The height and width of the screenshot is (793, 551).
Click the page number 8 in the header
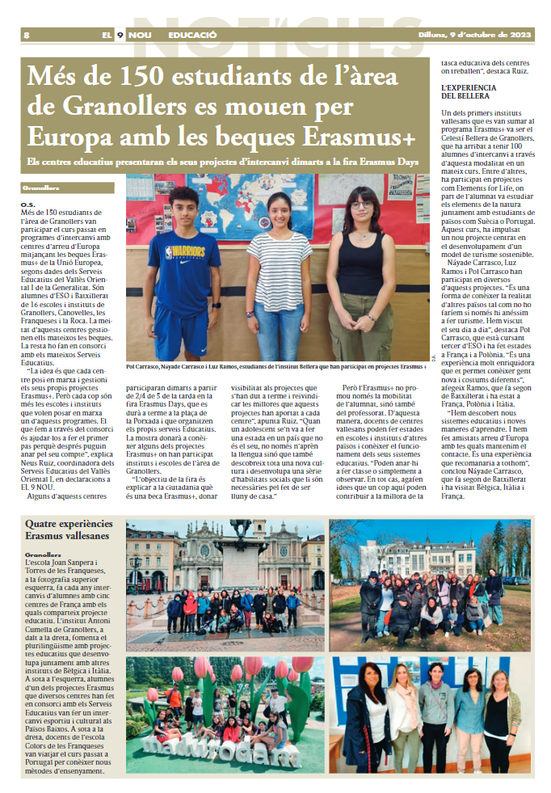pyautogui.click(x=27, y=36)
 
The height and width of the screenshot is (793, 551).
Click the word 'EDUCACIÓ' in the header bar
pyautogui.click(x=192, y=36)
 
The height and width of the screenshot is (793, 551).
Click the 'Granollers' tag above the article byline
pyautogui.click(x=40, y=188)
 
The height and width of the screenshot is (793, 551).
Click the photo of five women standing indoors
pyautogui.click(x=429, y=715)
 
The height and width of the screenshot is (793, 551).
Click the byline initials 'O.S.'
pyautogui.click(x=28, y=204)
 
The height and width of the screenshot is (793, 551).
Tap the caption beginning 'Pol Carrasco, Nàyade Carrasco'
pyautogui.click(x=275, y=366)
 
